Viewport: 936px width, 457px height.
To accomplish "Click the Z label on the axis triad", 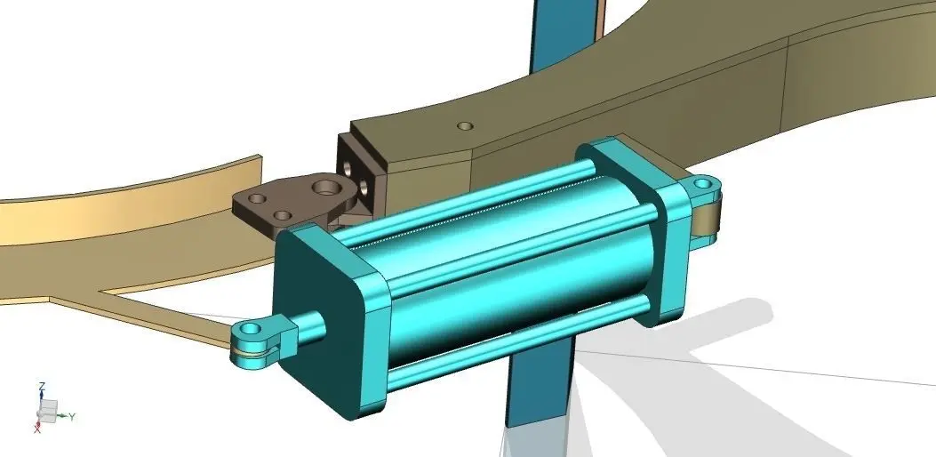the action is click(42, 387).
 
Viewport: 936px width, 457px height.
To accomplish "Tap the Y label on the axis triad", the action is click(72, 416).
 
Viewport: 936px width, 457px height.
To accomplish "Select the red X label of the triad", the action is click(37, 428).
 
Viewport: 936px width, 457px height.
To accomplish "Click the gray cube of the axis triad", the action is click(48, 410).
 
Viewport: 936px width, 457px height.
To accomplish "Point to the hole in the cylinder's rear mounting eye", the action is click(702, 185).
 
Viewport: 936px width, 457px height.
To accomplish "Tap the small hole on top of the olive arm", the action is click(464, 126).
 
